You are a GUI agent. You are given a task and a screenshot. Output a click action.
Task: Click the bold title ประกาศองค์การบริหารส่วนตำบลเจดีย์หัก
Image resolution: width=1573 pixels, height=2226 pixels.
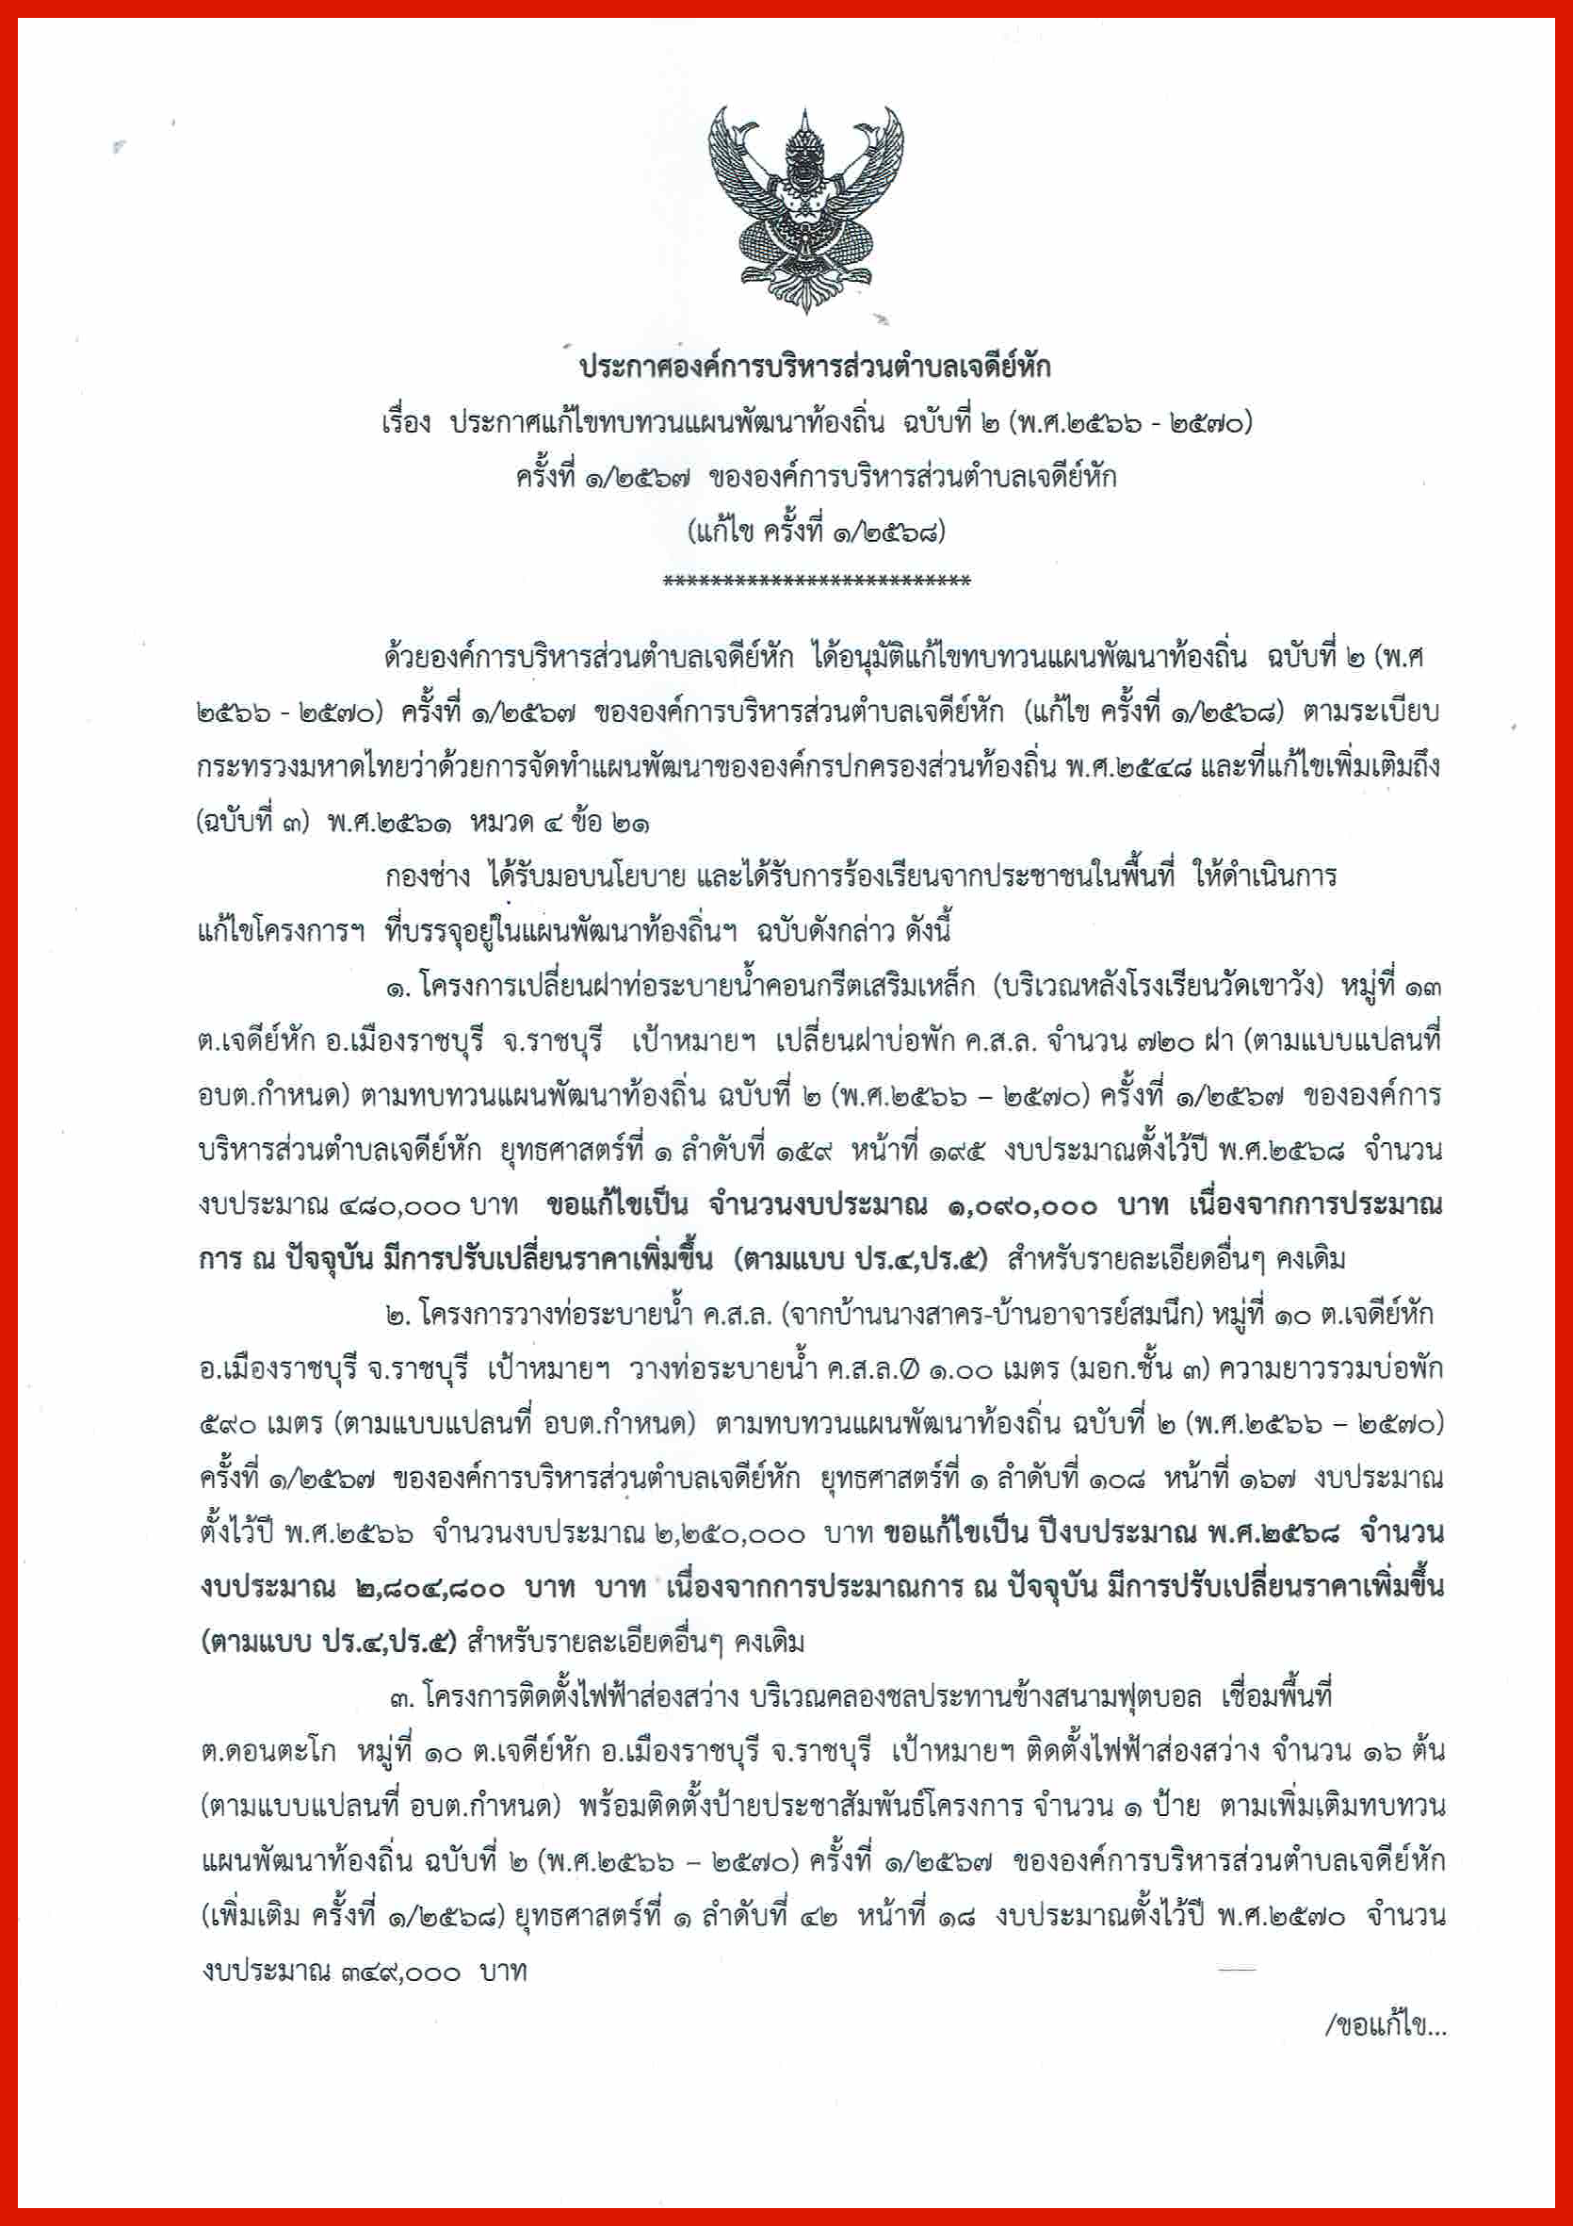[815, 368]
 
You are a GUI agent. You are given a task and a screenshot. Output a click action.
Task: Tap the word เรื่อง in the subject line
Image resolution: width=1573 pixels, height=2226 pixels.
[405, 424]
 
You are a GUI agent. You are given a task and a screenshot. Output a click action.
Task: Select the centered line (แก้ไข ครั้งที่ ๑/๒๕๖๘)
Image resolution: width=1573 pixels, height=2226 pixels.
[815, 532]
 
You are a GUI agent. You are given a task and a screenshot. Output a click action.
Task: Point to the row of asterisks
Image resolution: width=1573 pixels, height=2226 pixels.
[815, 581]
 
